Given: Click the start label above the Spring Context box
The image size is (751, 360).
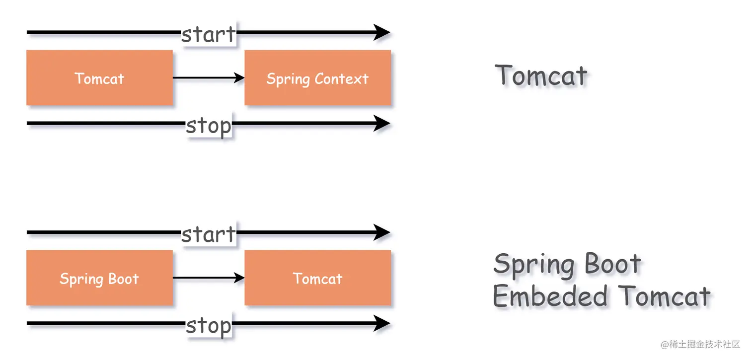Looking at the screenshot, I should pos(208,34).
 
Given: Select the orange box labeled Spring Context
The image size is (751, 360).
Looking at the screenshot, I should pos(317,78).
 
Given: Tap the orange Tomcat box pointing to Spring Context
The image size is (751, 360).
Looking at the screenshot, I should pos(99,78).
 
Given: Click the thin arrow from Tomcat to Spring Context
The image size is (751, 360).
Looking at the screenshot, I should pos(208,78).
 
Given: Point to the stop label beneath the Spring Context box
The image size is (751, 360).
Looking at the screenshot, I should pos(209,126).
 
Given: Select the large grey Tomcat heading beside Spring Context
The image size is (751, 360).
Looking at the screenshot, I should pos(541,76).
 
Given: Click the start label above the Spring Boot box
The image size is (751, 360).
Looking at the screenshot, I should pos(208,234).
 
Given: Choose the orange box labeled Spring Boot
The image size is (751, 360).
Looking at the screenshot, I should pos(99,278).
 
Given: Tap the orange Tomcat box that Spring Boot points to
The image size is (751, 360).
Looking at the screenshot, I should pos(317,278).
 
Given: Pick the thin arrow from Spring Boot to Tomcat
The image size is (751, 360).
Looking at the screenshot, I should pos(208,278).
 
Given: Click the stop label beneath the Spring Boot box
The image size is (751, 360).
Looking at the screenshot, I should pos(209,326).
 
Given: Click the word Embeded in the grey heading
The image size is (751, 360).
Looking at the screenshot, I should pos(550,297).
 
